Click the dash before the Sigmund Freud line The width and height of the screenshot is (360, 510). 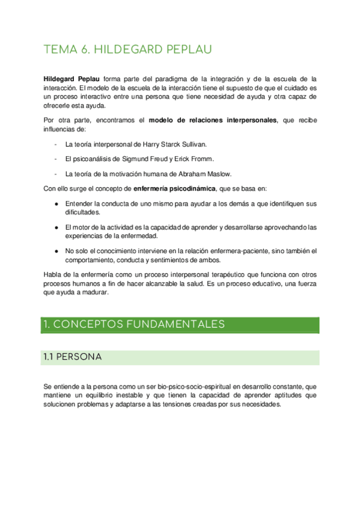click(55, 159)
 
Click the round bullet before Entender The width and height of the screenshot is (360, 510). click(56, 203)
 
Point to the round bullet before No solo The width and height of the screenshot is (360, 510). click(56, 251)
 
